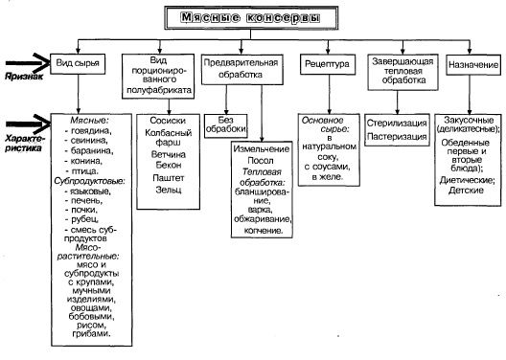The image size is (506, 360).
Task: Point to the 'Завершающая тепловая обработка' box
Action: tap(397, 73)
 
